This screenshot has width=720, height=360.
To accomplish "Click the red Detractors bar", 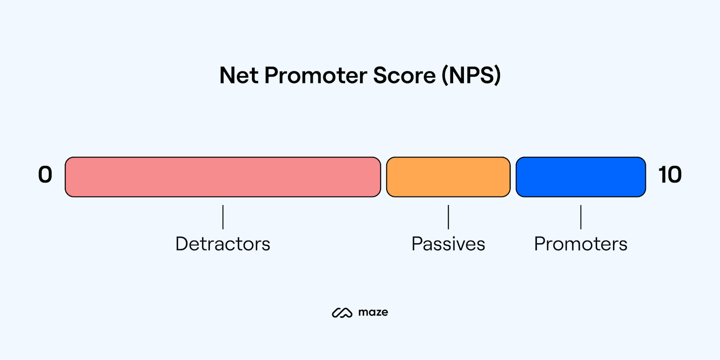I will tap(223, 177).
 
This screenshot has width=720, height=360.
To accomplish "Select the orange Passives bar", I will tap(448, 177).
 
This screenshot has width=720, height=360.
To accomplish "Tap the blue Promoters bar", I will tap(581, 177).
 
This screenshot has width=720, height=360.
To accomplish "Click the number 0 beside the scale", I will tap(45, 175).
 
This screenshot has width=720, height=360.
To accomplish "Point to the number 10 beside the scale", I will tap(670, 175).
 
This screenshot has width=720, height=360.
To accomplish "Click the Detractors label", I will tap(223, 243).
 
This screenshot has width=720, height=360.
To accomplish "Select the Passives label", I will tap(448, 243).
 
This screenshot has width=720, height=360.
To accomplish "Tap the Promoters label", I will tap(581, 243).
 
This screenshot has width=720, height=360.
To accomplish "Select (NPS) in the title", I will tap(470, 76).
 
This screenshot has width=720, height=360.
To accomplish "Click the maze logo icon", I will tap(342, 312).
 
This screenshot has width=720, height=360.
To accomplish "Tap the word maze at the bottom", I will tap(373, 312).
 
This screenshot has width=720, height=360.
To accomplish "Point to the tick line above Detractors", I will tap(223, 217).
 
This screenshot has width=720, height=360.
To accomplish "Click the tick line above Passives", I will tap(448, 217).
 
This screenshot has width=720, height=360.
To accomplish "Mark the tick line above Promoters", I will tap(581, 217).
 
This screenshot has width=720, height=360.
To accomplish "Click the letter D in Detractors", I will tap(181, 243).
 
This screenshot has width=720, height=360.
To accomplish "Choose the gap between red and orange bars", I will tap(384, 177).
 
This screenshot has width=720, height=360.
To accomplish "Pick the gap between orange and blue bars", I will tap(513, 177).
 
